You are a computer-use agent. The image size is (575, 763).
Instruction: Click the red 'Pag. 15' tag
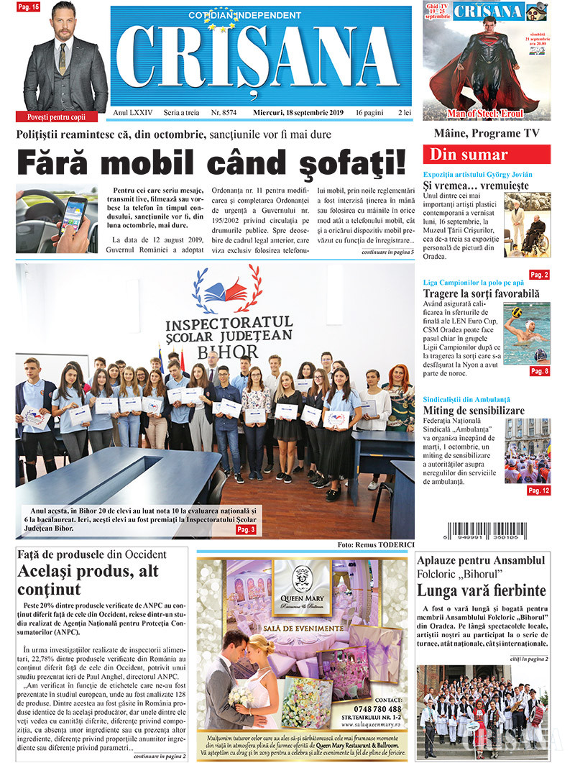(29, 6)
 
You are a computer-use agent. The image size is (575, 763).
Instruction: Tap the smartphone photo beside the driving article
(56, 219)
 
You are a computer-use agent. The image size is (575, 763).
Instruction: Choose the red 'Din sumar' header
(489, 155)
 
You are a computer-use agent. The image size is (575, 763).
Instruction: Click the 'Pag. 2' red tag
(539, 275)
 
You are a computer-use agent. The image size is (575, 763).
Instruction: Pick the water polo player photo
(526, 332)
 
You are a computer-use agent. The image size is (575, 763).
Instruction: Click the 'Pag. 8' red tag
(539, 371)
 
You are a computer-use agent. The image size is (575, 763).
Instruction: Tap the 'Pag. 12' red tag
(538, 490)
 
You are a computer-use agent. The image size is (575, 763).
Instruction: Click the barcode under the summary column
(487, 527)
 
